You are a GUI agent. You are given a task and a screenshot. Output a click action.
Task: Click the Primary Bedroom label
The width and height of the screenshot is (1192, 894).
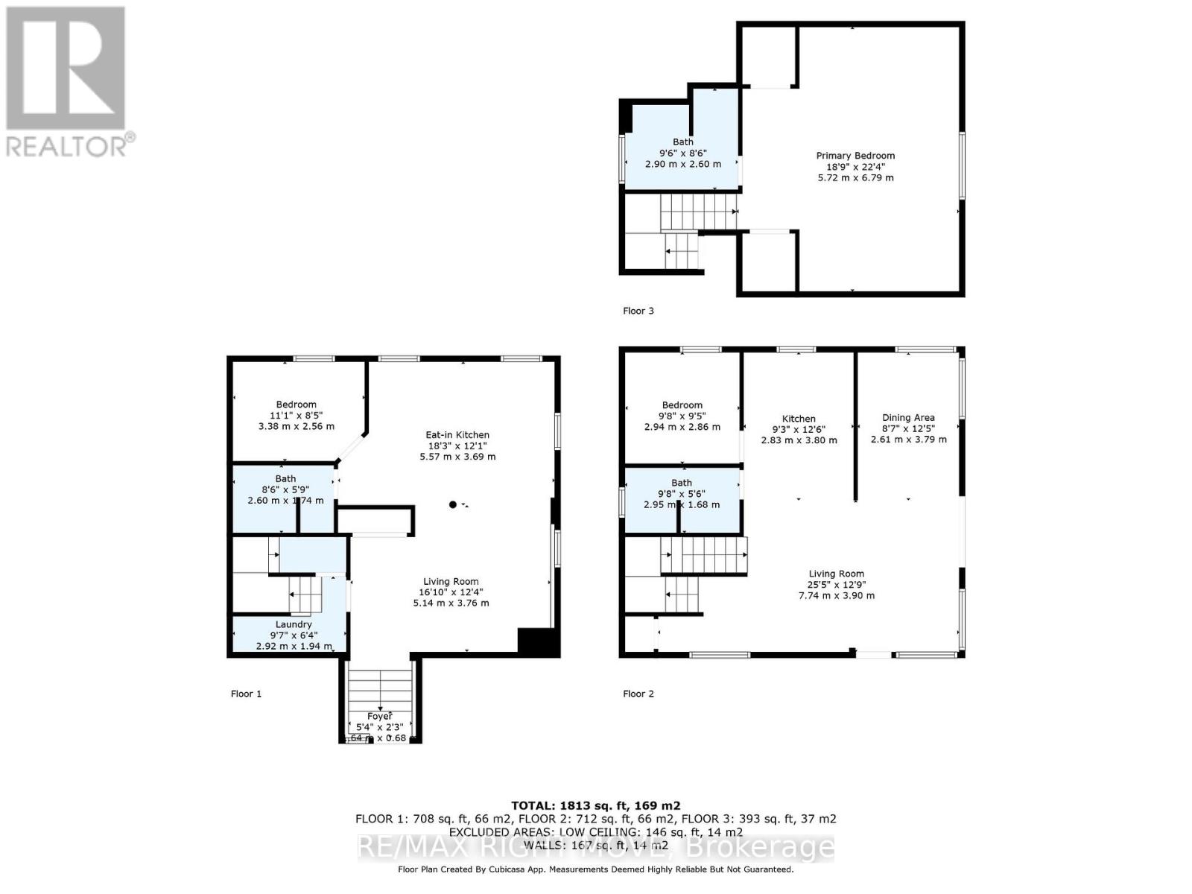pyautogui.click(x=855, y=156)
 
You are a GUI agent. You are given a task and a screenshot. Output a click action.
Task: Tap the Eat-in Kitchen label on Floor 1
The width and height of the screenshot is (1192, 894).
pyautogui.click(x=457, y=435)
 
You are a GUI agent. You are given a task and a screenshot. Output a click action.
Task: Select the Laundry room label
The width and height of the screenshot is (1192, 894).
pyautogui.click(x=294, y=624)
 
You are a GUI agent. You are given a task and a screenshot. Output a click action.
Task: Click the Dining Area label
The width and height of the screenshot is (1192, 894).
pyautogui.click(x=908, y=418)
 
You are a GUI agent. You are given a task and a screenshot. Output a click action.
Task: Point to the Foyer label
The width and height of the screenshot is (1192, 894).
pyautogui.click(x=380, y=717)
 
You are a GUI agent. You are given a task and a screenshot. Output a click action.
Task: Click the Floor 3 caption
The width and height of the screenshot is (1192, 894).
pyautogui.click(x=638, y=311)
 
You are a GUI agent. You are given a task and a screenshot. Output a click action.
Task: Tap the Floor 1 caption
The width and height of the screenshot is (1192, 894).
pyautogui.click(x=246, y=694)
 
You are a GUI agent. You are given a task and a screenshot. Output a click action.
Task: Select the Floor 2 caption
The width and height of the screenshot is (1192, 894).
pyautogui.click(x=638, y=694)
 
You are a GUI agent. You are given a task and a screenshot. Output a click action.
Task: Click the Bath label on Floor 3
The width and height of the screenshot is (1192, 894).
pyautogui.click(x=683, y=142)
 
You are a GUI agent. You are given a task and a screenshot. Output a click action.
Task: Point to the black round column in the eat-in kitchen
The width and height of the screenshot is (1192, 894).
pyautogui.click(x=453, y=505)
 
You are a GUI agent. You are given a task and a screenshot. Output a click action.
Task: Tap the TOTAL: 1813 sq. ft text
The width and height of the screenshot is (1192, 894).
pyautogui.click(x=595, y=805)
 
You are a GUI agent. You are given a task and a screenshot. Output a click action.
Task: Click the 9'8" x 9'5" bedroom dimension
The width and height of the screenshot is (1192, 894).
pyautogui.click(x=682, y=416)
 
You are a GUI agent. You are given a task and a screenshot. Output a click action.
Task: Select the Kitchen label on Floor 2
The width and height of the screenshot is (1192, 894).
pyautogui.click(x=799, y=419)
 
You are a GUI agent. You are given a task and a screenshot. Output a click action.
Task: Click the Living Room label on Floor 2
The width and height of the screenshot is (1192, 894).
pyautogui.click(x=837, y=574)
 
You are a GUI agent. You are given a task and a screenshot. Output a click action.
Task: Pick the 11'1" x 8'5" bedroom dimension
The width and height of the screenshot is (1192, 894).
pyautogui.click(x=297, y=416)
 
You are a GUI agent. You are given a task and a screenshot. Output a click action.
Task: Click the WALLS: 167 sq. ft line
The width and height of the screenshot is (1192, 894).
pyautogui.click(x=595, y=845)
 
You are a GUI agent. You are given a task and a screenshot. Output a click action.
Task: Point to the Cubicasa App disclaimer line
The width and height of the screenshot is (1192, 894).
pyautogui.click(x=595, y=869)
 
